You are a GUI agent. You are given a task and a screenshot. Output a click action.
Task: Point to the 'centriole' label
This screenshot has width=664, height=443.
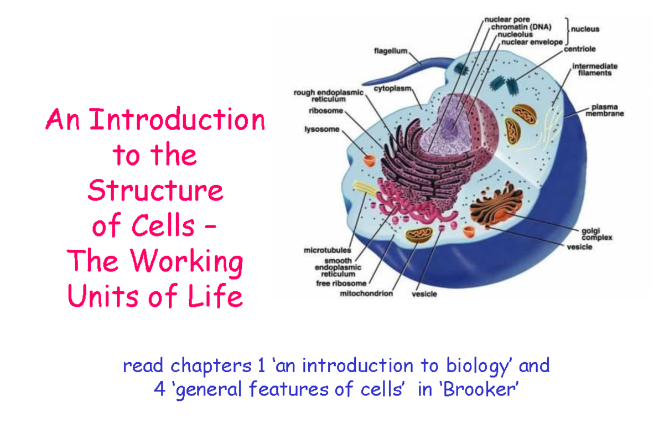click(579, 49)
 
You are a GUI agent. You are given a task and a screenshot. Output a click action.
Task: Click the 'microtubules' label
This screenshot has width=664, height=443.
click(326, 250)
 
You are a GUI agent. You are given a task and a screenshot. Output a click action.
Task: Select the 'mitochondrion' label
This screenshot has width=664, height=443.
click(366, 293)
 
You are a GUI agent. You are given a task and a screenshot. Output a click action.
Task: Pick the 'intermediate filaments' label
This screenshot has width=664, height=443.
click(595, 69)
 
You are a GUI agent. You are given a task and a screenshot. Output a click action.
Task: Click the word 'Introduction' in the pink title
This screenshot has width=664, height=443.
click(177, 121)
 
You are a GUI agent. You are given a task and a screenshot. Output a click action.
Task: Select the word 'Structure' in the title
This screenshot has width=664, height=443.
click(155, 190)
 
